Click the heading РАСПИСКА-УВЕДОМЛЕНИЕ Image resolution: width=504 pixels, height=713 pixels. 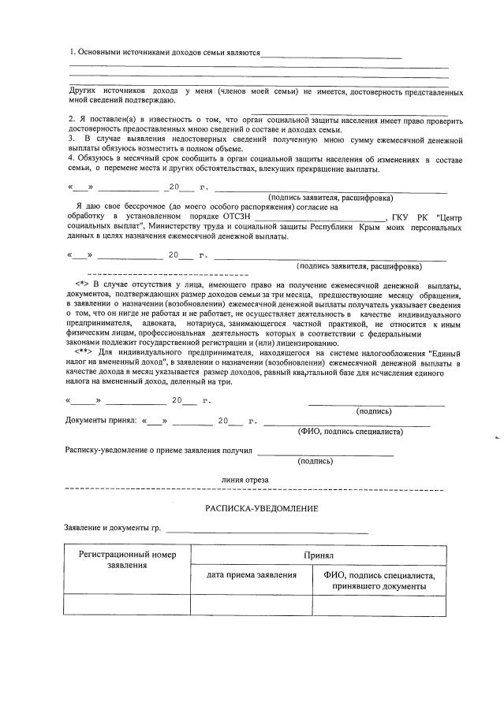[262, 508]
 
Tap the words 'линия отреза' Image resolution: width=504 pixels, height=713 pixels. [245, 479]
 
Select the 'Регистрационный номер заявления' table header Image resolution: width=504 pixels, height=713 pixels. [127, 560]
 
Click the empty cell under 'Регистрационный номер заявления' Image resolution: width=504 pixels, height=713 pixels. [127, 604]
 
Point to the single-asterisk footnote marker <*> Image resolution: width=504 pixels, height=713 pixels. [81, 283]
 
